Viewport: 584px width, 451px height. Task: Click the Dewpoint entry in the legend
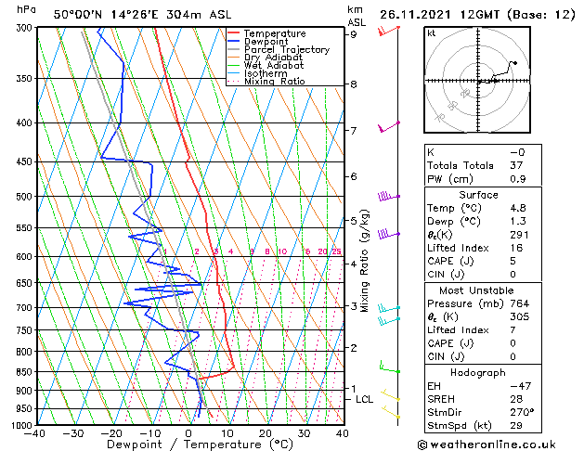point(266,42)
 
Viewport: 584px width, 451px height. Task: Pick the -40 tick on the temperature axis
point(36,433)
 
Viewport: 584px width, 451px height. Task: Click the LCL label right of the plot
point(364,399)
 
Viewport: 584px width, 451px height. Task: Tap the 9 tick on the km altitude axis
point(354,34)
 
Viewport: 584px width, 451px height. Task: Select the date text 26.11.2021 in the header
point(415,14)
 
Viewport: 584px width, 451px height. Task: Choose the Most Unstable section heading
point(478,290)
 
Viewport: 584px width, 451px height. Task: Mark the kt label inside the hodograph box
point(431,32)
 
